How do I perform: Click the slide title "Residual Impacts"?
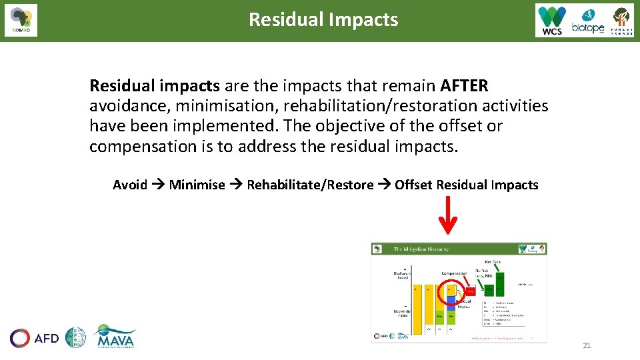click(x=323, y=19)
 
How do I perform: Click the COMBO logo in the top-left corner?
click(x=21, y=20)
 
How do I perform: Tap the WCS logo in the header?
click(x=552, y=20)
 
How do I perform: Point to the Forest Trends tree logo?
click(x=621, y=20)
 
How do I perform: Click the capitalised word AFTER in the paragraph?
click(x=464, y=86)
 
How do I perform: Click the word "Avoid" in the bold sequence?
click(x=130, y=185)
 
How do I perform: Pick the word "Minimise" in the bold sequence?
click(x=197, y=185)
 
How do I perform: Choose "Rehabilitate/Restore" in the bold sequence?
click(x=310, y=185)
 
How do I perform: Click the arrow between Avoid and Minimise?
click(x=158, y=185)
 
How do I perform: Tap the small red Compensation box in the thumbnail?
click(x=471, y=291)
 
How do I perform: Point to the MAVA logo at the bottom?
click(x=115, y=337)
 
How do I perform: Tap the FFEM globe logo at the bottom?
click(x=75, y=338)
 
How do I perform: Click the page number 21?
click(x=587, y=345)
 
